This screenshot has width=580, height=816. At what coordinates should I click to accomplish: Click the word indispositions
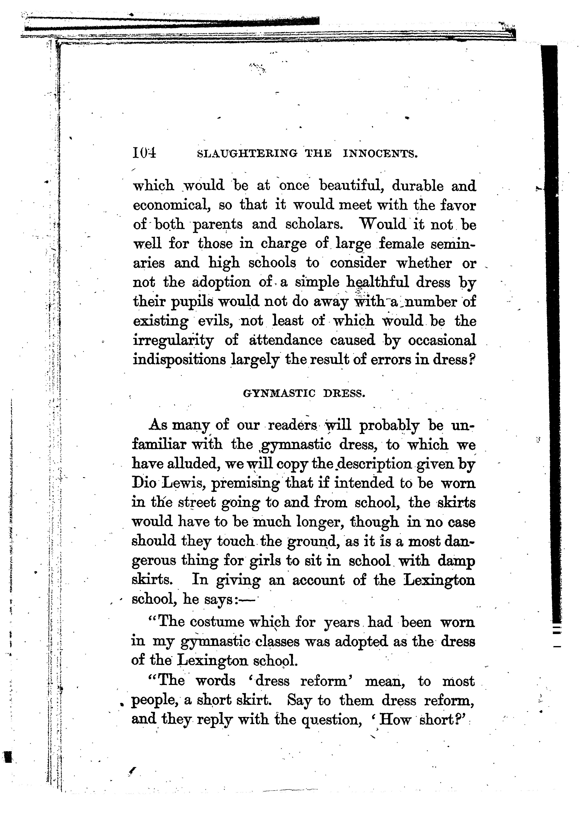click(179, 359)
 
